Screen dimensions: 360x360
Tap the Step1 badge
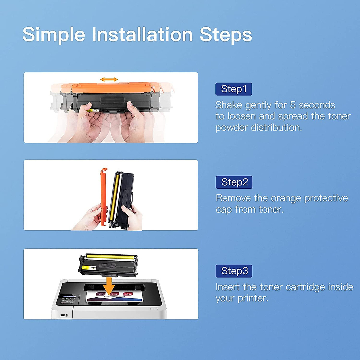pyautogui.click(x=233, y=89)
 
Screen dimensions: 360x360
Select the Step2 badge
pyautogui.click(x=234, y=182)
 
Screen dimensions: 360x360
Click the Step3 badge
pyautogui.click(x=234, y=271)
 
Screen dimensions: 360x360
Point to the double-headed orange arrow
pyautogui.click(x=109, y=79)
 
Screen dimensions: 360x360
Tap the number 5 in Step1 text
pyautogui.click(x=293, y=105)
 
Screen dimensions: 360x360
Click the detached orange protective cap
pyautogui.click(x=103, y=195)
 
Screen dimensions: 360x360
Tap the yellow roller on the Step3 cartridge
pyautogui.click(x=111, y=257)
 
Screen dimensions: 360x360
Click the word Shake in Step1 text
pyautogui.click(x=229, y=105)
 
